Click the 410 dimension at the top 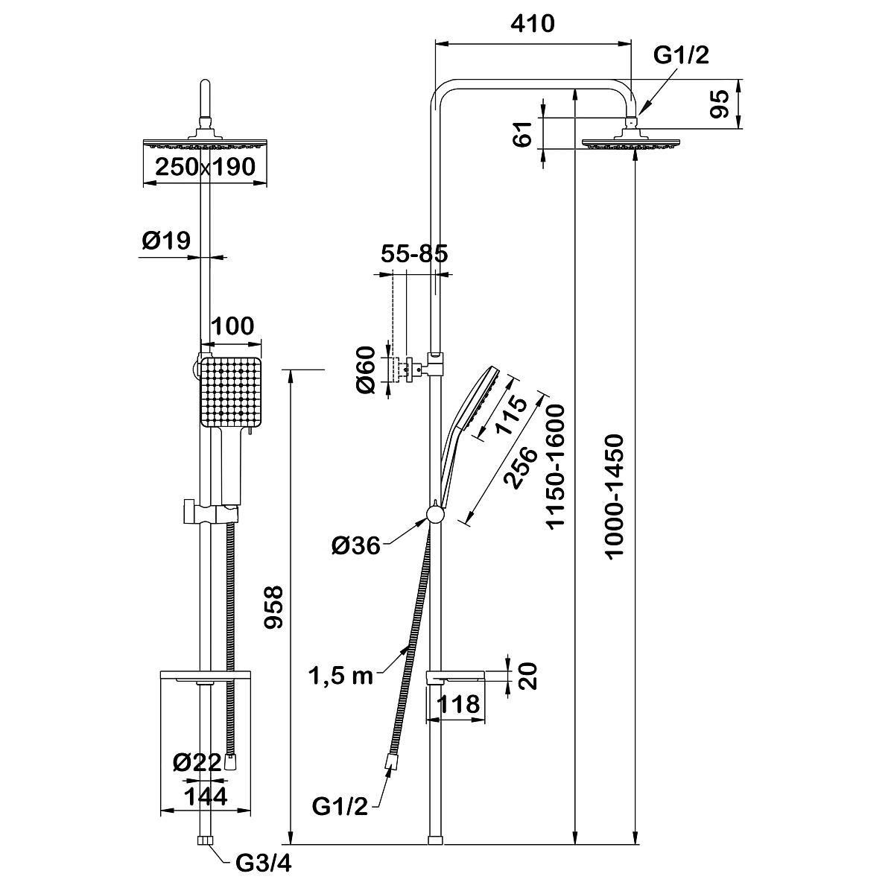pyautogui.click(x=533, y=24)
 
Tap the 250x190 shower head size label pyautogui.click(x=205, y=167)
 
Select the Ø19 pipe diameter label pyautogui.click(x=166, y=241)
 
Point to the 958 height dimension pyautogui.click(x=273, y=607)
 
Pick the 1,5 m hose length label pyautogui.click(x=341, y=676)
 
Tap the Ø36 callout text pyautogui.click(x=356, y=545)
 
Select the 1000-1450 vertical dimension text pyautogui.click(x=615, y=496)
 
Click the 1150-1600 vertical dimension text pyautogui.click(x=555, y=466)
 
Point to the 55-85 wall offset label pyautogui.click(x=414, y=254)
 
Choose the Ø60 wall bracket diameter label pyautogui.click(x=366, y=370)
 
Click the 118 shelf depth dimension pyautogui.click(x=458, y=704)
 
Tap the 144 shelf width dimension pyautogui.click(x=206, y=796)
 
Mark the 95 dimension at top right pyautogui.click(x=720, y=104)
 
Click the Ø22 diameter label pyautogui.click(x=197, y=762)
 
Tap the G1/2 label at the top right pyautogui.click(x=681, y=55)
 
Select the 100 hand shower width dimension pyautogui.click(x=232, y=326)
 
